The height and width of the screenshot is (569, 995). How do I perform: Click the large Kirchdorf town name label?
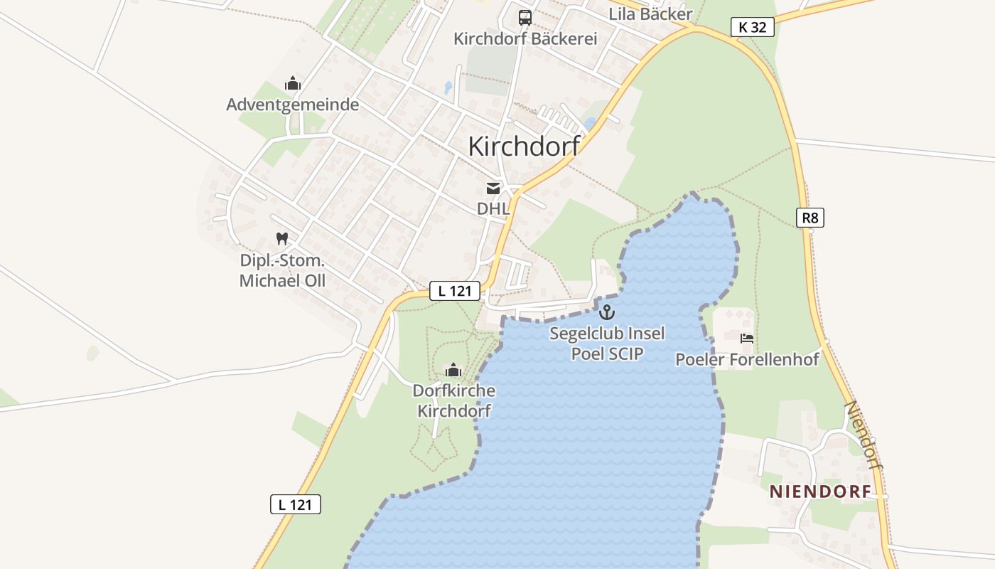click(524, 146)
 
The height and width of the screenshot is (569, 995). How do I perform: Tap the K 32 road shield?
click(752, 27)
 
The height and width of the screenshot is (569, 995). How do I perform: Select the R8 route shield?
click(810, 218)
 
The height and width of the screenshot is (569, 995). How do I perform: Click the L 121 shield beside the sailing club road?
click(454, 290)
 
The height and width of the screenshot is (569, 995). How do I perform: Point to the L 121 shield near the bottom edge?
click(296, 504)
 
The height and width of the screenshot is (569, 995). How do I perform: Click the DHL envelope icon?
click(493, 188)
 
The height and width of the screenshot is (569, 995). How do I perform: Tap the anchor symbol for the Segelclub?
click(607, 312)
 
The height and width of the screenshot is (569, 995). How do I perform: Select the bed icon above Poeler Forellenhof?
click(747, 339)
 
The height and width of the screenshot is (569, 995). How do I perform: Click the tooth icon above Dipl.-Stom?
click(282, 239)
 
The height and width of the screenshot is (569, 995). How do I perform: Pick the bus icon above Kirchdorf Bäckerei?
click(525, 18)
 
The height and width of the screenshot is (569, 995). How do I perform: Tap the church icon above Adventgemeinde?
click(292, 84)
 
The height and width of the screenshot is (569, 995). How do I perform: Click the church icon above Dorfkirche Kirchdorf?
click(453, 370)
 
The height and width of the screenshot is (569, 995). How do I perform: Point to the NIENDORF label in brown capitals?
click(820, 491)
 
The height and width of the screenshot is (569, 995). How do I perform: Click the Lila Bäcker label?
click(650, 14)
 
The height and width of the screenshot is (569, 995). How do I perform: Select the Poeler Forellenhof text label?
click(747, 360)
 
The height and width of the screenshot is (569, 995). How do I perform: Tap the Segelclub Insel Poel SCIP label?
click(607, 343)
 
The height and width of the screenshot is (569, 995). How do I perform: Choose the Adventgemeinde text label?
click(292, 105)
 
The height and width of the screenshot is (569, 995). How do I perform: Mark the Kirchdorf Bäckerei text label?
click(525, 38)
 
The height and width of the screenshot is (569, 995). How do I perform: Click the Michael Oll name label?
click(282, 281)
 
